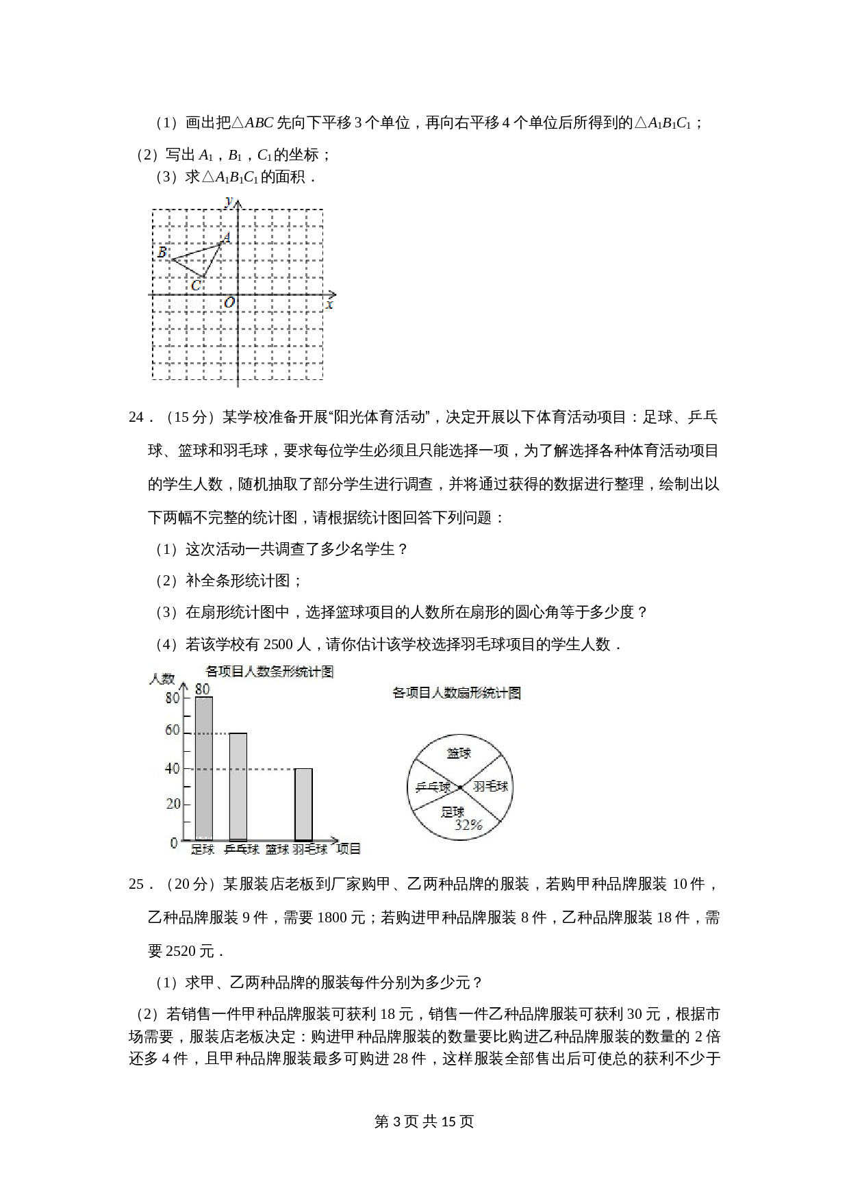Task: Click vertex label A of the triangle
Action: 225,238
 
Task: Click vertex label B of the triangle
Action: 162,252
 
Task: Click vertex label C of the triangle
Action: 196,286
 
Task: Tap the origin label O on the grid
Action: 229,302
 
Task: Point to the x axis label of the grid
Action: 330,305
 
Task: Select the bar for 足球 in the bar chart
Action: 203,768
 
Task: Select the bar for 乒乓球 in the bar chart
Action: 238,786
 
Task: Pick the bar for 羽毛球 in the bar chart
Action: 303,804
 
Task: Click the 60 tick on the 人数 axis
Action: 173,731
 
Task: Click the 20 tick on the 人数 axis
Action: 173,804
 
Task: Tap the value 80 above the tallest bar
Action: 202,689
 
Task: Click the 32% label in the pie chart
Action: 468,825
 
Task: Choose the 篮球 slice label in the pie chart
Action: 459,753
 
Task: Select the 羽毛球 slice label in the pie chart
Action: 491,786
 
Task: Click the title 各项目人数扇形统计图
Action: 456,693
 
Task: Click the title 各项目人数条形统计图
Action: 269,672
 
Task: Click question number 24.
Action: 136,418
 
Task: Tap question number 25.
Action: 136,885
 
